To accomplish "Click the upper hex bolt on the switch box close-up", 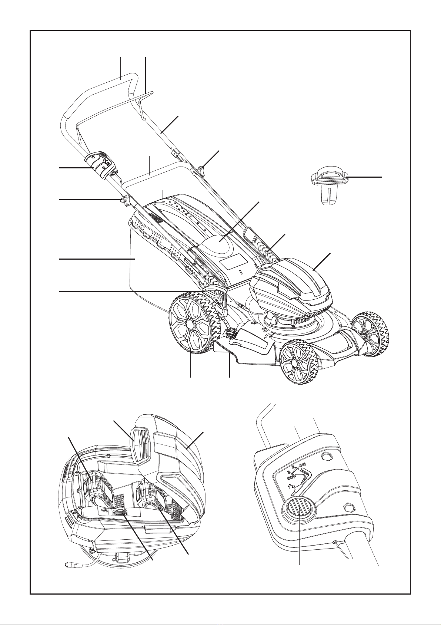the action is tap(325, 457).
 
